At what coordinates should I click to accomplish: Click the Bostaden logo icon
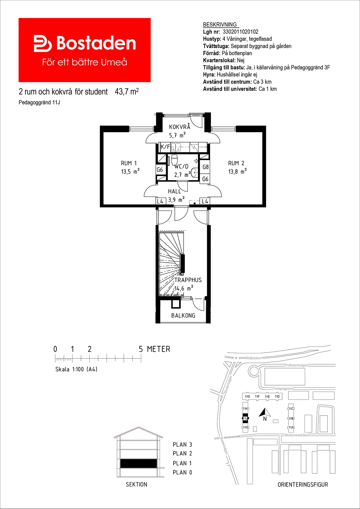[x=43, y=44]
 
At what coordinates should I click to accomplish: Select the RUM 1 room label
[x=129, y=163]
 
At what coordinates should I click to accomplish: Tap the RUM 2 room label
[x=236, y=163]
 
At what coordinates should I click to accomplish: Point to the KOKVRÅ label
[x=180, y=126]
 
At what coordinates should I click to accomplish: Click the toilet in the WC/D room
[x=175, y=160]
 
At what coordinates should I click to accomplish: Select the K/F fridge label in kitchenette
[x=165, y=147]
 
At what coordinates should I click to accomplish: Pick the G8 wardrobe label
[x=205, y=167]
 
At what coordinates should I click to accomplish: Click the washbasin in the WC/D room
[x=195, y=172]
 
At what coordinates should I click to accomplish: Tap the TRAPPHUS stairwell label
[x=188, y=280]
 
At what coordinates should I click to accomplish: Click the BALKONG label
[x=183, y=315]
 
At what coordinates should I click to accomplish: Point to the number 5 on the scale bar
[x=141, y=349]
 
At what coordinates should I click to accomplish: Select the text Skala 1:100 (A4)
[x=76, y=369]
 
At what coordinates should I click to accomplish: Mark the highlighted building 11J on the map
[x=245, y=418]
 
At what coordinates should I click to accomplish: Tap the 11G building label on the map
[x=247, y=396]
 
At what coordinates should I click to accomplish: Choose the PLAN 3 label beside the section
[x=182, y=445]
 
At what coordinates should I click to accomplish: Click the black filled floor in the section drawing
[x=138, y=464]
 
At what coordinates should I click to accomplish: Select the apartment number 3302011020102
[x=240, y=32]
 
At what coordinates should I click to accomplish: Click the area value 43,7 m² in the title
[x=127, y=92]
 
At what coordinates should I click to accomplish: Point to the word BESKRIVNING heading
[x=220, y=24]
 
